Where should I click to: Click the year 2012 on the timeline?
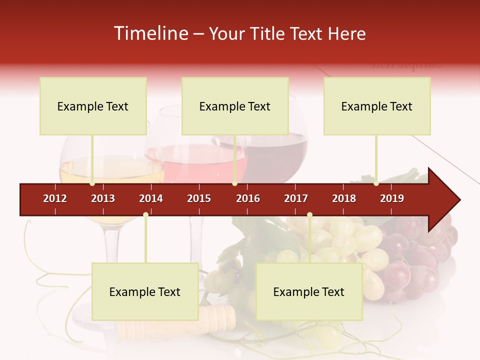[55, 198]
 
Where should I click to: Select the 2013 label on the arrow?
[103, 198]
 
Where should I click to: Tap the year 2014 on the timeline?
[151, 198]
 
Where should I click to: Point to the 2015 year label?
[199, 198]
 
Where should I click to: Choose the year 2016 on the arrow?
[248, 198]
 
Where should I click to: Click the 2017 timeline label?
[296, 198]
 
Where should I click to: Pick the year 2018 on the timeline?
[344, 198]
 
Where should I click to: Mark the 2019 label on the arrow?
[392, 198]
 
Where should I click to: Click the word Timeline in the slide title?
[150, 33]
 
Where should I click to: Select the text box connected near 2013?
[93, 106]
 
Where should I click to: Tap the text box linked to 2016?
[235, 106]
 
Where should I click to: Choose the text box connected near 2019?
[377, 106]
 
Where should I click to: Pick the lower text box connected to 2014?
[145, 291]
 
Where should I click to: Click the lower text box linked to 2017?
[309, 291]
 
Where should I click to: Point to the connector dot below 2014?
[145, 214]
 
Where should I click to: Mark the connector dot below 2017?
[309, 214]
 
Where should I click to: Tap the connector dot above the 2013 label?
[92, 183]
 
